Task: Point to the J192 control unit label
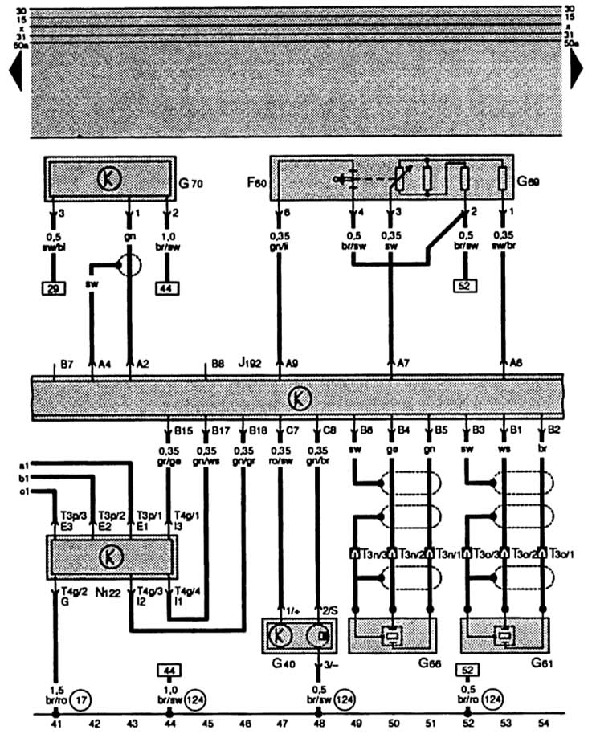[250, 364]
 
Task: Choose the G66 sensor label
[431, 663]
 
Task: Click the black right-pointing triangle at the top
[578, 73]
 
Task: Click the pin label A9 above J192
[292, 364]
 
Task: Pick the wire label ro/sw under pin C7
[280, 462]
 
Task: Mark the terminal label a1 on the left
[24, 465]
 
